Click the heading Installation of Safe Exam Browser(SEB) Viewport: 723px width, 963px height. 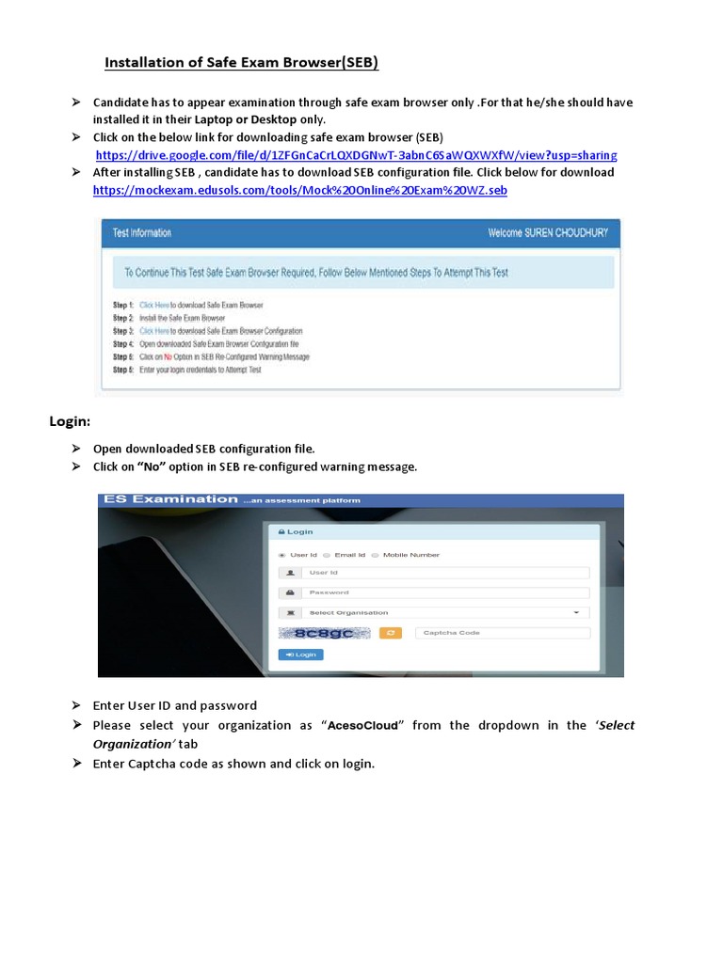click(241, 63)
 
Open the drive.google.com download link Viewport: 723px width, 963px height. click(356, 154)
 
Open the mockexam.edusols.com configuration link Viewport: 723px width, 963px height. click(299, 190)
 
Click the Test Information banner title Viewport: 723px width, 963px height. click(142, 232)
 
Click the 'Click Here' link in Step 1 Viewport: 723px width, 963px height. click(154, 306)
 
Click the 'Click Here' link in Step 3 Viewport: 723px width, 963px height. click(154, 331)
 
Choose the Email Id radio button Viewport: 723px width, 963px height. click(326, 555)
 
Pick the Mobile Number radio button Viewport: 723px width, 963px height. click(375, 555)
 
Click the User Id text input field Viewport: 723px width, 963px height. click(446, 572)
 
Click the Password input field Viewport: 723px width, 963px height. click(446, 592)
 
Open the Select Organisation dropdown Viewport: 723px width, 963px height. click(442, 612)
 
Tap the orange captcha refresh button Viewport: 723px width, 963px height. click(391, 633)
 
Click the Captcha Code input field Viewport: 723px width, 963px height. click(503, 633)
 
